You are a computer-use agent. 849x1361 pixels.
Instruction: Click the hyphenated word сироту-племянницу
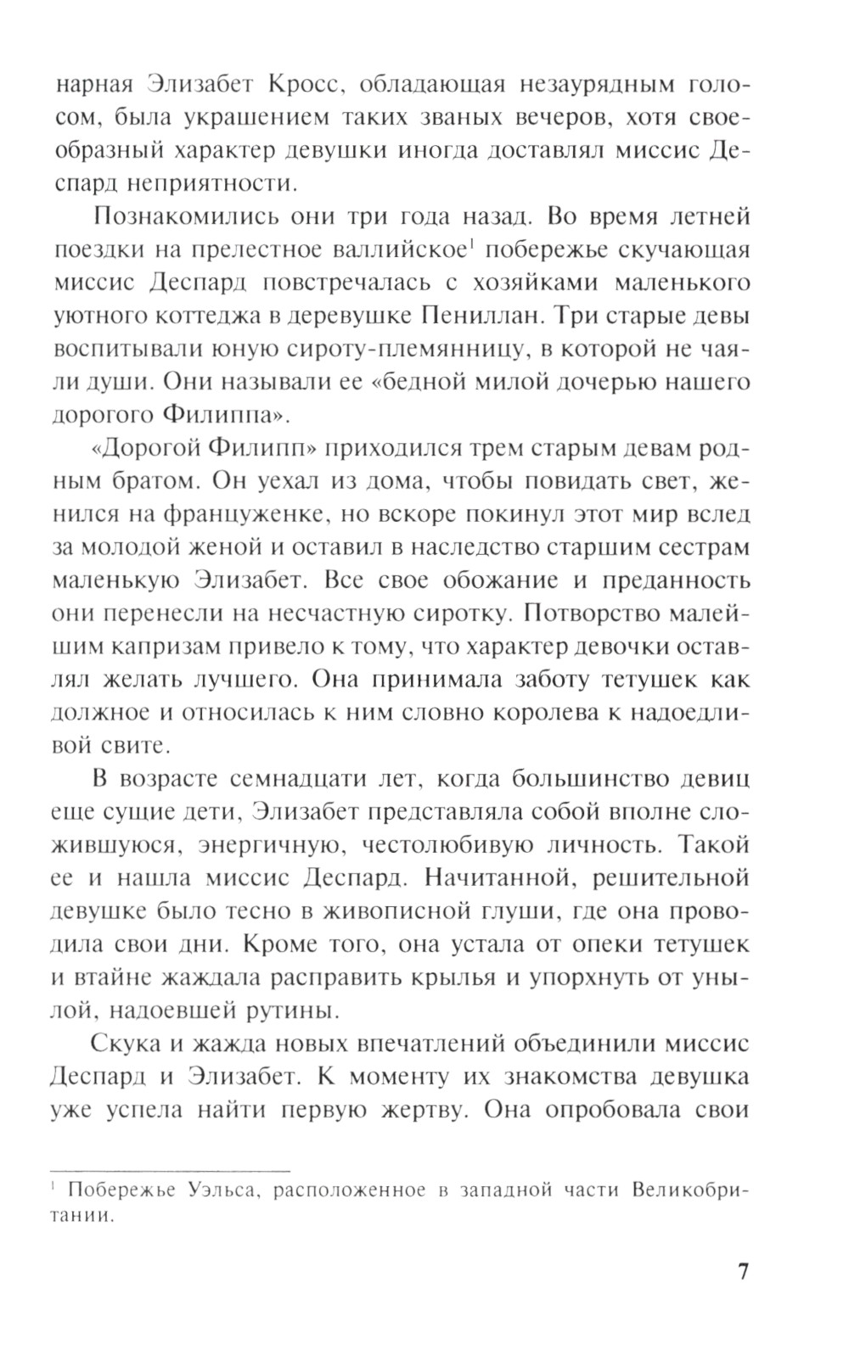click(x=364, y=349)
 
